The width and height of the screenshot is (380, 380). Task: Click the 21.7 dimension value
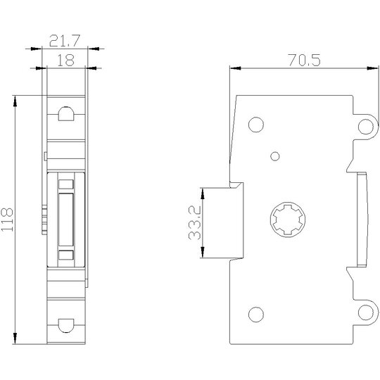(x=65, y=41)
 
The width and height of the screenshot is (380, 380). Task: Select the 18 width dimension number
(x=66, y=61)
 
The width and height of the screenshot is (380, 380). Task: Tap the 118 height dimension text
(x=7, y=220)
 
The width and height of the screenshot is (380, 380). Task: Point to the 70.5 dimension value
(x=304, y=60)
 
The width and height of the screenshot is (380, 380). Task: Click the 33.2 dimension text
(x=195, y=223)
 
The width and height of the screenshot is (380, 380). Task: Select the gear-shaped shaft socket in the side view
(x=288, y=220)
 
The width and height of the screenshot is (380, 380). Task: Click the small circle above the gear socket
(x=275, y=156)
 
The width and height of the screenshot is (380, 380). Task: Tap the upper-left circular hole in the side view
(x=256, y=125)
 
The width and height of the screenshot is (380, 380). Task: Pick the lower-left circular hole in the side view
(x=256, y=315)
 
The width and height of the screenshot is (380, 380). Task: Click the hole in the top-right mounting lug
(x=366, y=127)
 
